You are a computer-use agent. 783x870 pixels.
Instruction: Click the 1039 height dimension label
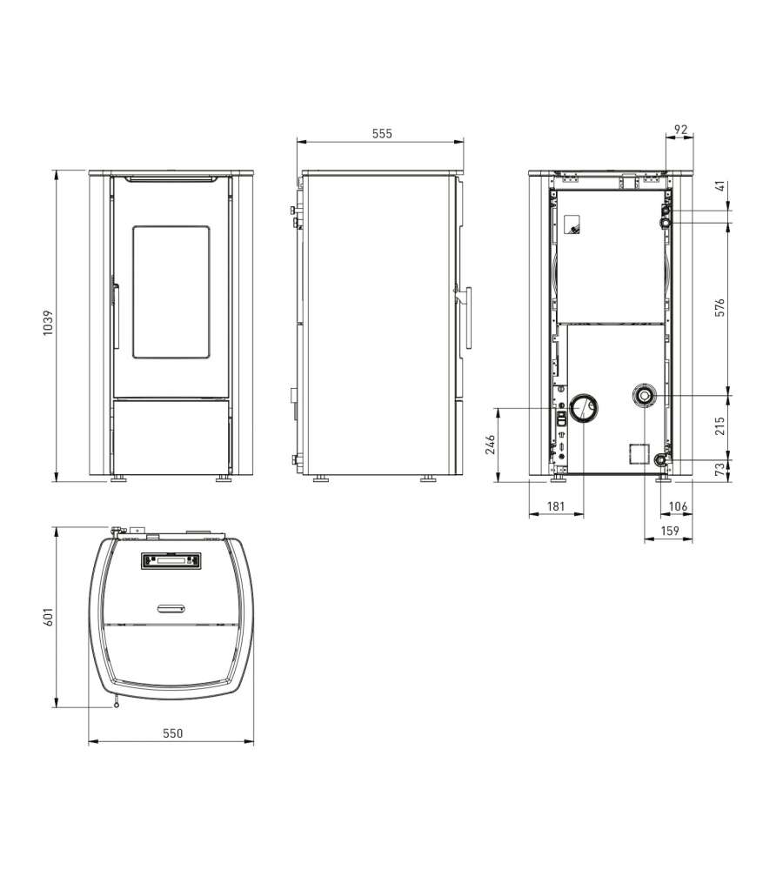tap(48, 322)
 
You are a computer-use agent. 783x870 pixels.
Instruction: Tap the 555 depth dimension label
tap(382, 134)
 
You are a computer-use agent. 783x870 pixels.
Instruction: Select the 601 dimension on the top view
tap(48, 617)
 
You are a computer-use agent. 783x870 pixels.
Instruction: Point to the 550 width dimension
tap(172, 733)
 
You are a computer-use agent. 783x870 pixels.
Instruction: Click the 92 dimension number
tap(680, 130)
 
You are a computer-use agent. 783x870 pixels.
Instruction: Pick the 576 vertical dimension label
tap(719, 307)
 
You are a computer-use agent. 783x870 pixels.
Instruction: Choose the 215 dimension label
tap(719, 426)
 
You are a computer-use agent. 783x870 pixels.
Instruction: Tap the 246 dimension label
tap(490, 445)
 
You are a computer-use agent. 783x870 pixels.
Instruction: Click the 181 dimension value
tap(555, 506)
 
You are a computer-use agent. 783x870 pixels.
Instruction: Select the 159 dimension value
tap(670, 531)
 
